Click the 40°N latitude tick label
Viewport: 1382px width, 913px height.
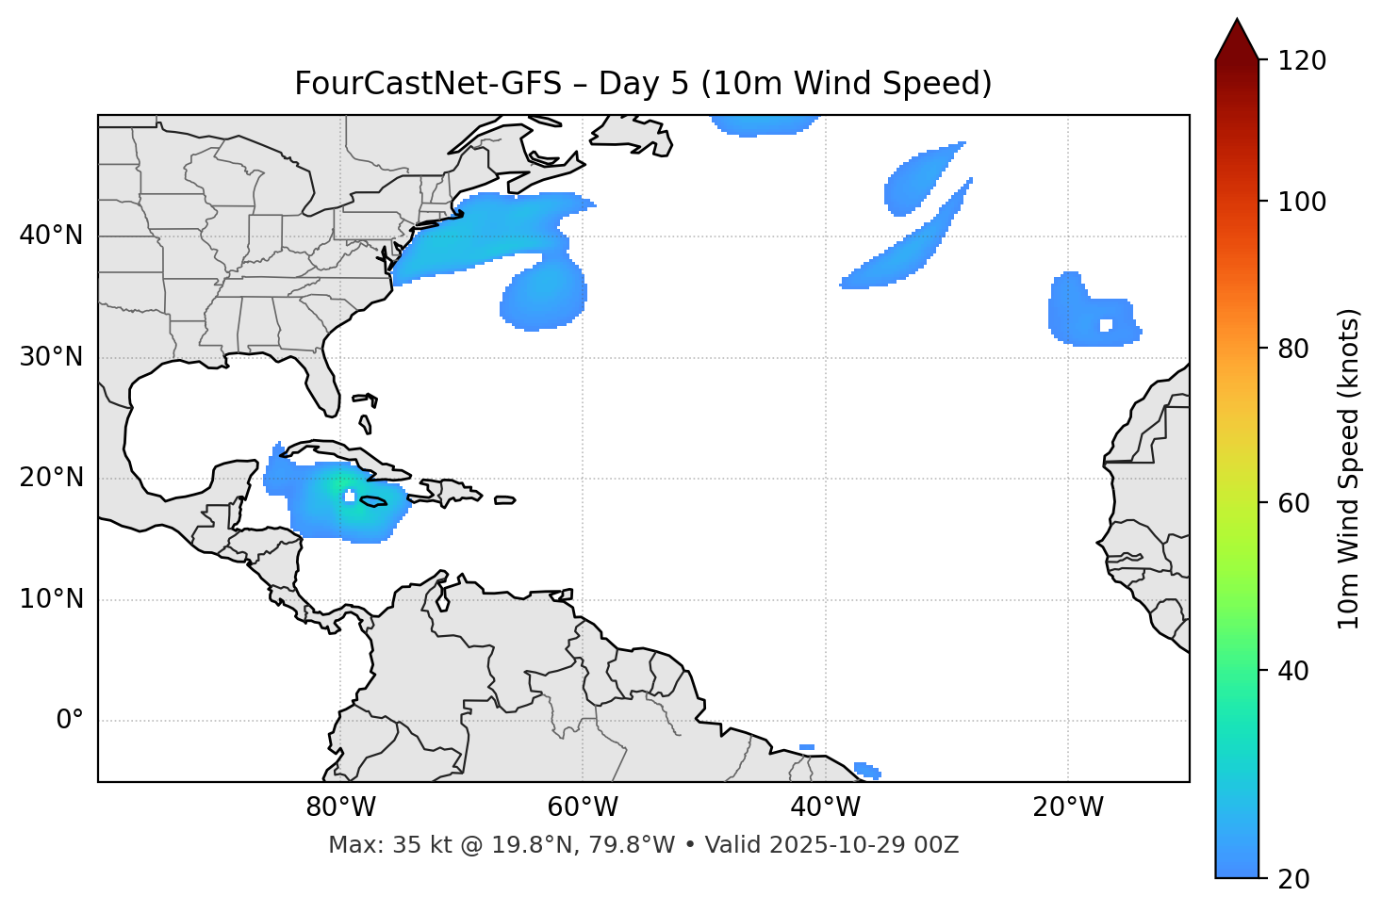pos(51,236)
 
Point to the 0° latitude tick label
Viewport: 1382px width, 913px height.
pos(70,721)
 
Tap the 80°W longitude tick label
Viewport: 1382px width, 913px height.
pos(340,807)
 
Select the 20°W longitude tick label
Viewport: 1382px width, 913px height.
pos(1068,807)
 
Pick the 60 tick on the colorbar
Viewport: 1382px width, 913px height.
pos(1293,503)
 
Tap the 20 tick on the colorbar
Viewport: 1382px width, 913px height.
pos(1293,878)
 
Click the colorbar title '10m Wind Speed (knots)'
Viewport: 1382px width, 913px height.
pos(1349,468)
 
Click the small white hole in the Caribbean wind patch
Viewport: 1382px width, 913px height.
pos(349,496)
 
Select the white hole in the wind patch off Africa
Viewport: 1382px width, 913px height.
pos(1106,325)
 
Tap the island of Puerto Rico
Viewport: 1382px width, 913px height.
pos(504,500)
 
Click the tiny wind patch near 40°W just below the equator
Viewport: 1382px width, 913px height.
pos(807,747)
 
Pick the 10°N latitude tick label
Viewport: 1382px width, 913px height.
pos(51,599)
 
